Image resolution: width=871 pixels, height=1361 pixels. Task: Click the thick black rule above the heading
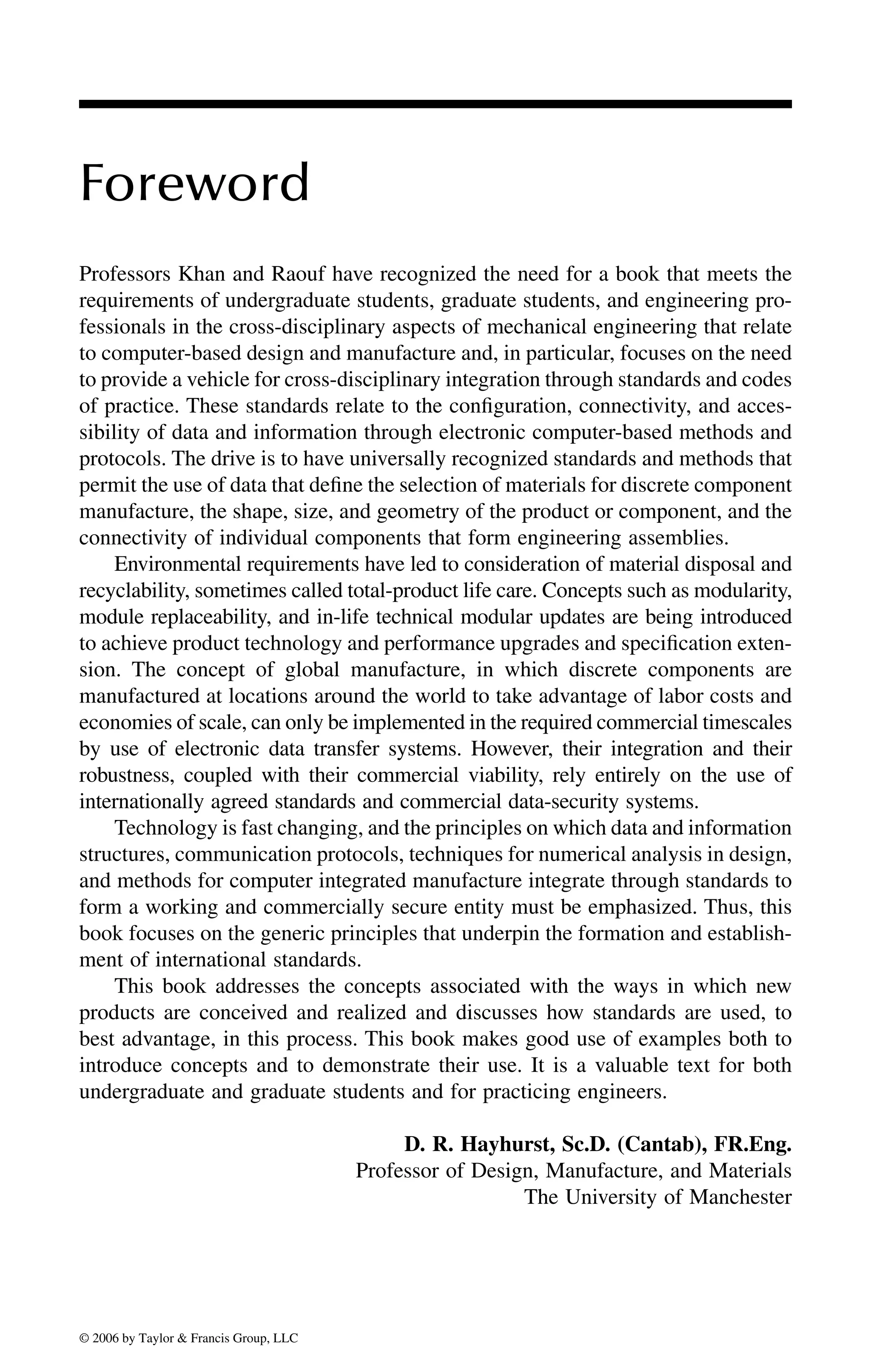435,104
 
